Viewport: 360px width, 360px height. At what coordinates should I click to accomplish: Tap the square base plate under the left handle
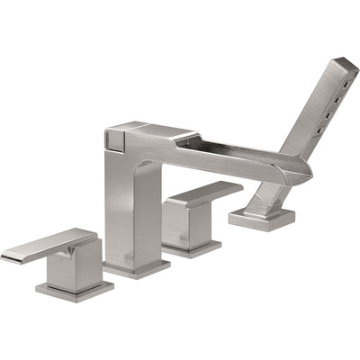[x=74, y=290]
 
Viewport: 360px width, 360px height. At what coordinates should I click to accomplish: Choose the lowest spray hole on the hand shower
[x=317, y=131]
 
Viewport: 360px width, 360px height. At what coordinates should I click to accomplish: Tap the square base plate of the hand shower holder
[x=263, y=218]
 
